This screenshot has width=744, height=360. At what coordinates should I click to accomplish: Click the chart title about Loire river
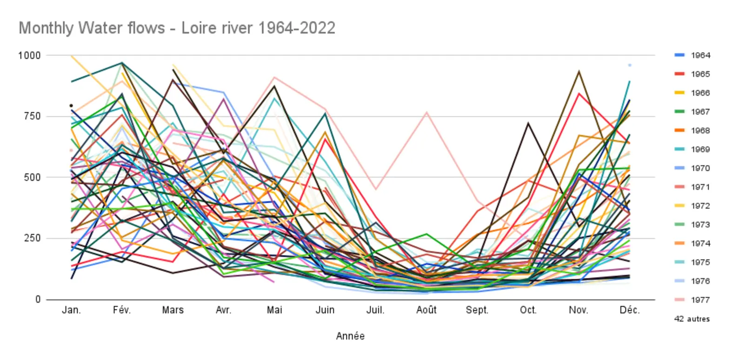tap(177, 28)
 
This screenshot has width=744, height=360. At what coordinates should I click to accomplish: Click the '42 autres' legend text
tap(692, 319)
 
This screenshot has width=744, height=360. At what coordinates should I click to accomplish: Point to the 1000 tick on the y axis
tap(29, 55)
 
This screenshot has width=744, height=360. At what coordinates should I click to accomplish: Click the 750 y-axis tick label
tap(32, 116)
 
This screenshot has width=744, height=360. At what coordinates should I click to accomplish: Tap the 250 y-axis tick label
tap(32, 238)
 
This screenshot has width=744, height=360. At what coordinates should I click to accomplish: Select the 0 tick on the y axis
tap(38, 300)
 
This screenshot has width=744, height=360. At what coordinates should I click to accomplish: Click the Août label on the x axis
tap(426, 310)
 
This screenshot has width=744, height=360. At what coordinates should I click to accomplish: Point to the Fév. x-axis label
tap(122, 310)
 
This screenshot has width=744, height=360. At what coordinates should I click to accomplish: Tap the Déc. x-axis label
tap(629, 310)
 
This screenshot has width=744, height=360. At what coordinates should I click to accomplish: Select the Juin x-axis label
tap(325, 310)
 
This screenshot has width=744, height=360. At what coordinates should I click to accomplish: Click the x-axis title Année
tap(350, 336)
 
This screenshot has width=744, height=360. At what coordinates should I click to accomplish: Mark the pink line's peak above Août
tap(426, 112)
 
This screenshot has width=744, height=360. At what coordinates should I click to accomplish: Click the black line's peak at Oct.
tap(528, 123)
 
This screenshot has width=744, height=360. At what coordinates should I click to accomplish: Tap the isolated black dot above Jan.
tap(71, 106)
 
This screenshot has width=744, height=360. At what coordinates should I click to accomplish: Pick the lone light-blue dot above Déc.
tap(630, 65)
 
